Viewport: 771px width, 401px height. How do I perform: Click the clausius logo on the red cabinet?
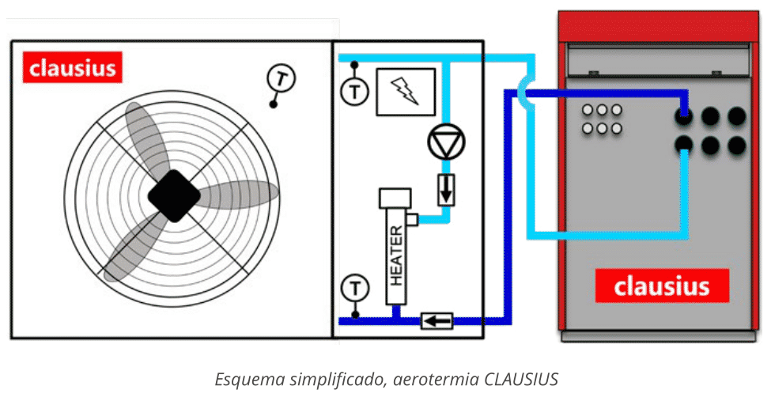tap(661, 286)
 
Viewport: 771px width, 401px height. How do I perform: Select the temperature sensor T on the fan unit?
tap(280, 78)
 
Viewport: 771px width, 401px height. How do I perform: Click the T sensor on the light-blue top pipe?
tap(354, 91)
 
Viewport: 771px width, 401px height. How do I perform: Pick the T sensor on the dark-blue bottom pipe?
tap(355, 286)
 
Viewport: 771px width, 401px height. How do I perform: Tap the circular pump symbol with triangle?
tap(447, 142)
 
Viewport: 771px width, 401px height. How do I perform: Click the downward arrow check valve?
tap(447, 191)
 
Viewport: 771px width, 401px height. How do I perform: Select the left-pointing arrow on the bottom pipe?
tap(437, 320)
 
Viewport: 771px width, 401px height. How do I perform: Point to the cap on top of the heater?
tap(395, 197)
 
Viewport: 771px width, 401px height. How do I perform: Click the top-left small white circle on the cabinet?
tap(588, 111)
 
